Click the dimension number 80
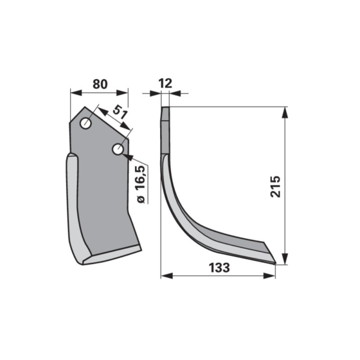(x=100, y=84)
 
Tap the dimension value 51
(x=119, y=112)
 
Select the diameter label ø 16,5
(x=141, y=184)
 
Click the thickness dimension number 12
(x=166, y=83)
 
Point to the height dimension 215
(x=275, y=187)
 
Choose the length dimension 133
(x=219, y=268)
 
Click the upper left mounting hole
(x=86, y=124)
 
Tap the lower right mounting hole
(x=118, y=149)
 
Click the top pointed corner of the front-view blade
(x=85, y=107)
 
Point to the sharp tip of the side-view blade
(x=276, y=263)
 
